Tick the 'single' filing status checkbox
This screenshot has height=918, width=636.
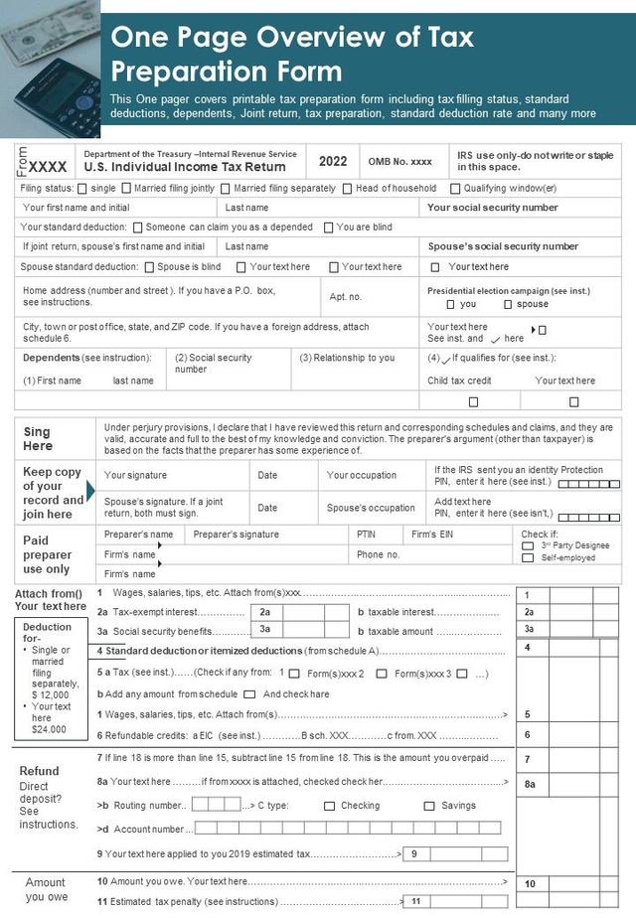[82, 189]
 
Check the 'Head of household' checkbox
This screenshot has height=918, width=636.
[348, 189]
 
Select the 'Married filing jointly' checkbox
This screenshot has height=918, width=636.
[126, 189]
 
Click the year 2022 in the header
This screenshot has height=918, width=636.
[333, 161]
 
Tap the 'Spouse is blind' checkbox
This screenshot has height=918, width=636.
[149, 267]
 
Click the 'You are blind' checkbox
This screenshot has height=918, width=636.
[329, 228]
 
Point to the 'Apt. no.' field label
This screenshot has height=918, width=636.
[346, 297]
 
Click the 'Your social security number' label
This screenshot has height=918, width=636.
[492, 208]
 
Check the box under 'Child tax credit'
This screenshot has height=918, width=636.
[473, 402]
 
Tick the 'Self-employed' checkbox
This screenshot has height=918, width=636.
[528, 558]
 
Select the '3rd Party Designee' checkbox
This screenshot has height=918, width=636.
[528, 545]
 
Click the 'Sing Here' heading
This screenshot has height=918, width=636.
[37, 439]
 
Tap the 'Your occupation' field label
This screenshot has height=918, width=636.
[362, 475]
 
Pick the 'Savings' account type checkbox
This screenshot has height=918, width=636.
[429, 806]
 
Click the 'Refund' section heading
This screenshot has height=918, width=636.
[39, 771]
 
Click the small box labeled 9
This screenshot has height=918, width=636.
[414, 853]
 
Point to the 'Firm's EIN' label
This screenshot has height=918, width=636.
[432, 535]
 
